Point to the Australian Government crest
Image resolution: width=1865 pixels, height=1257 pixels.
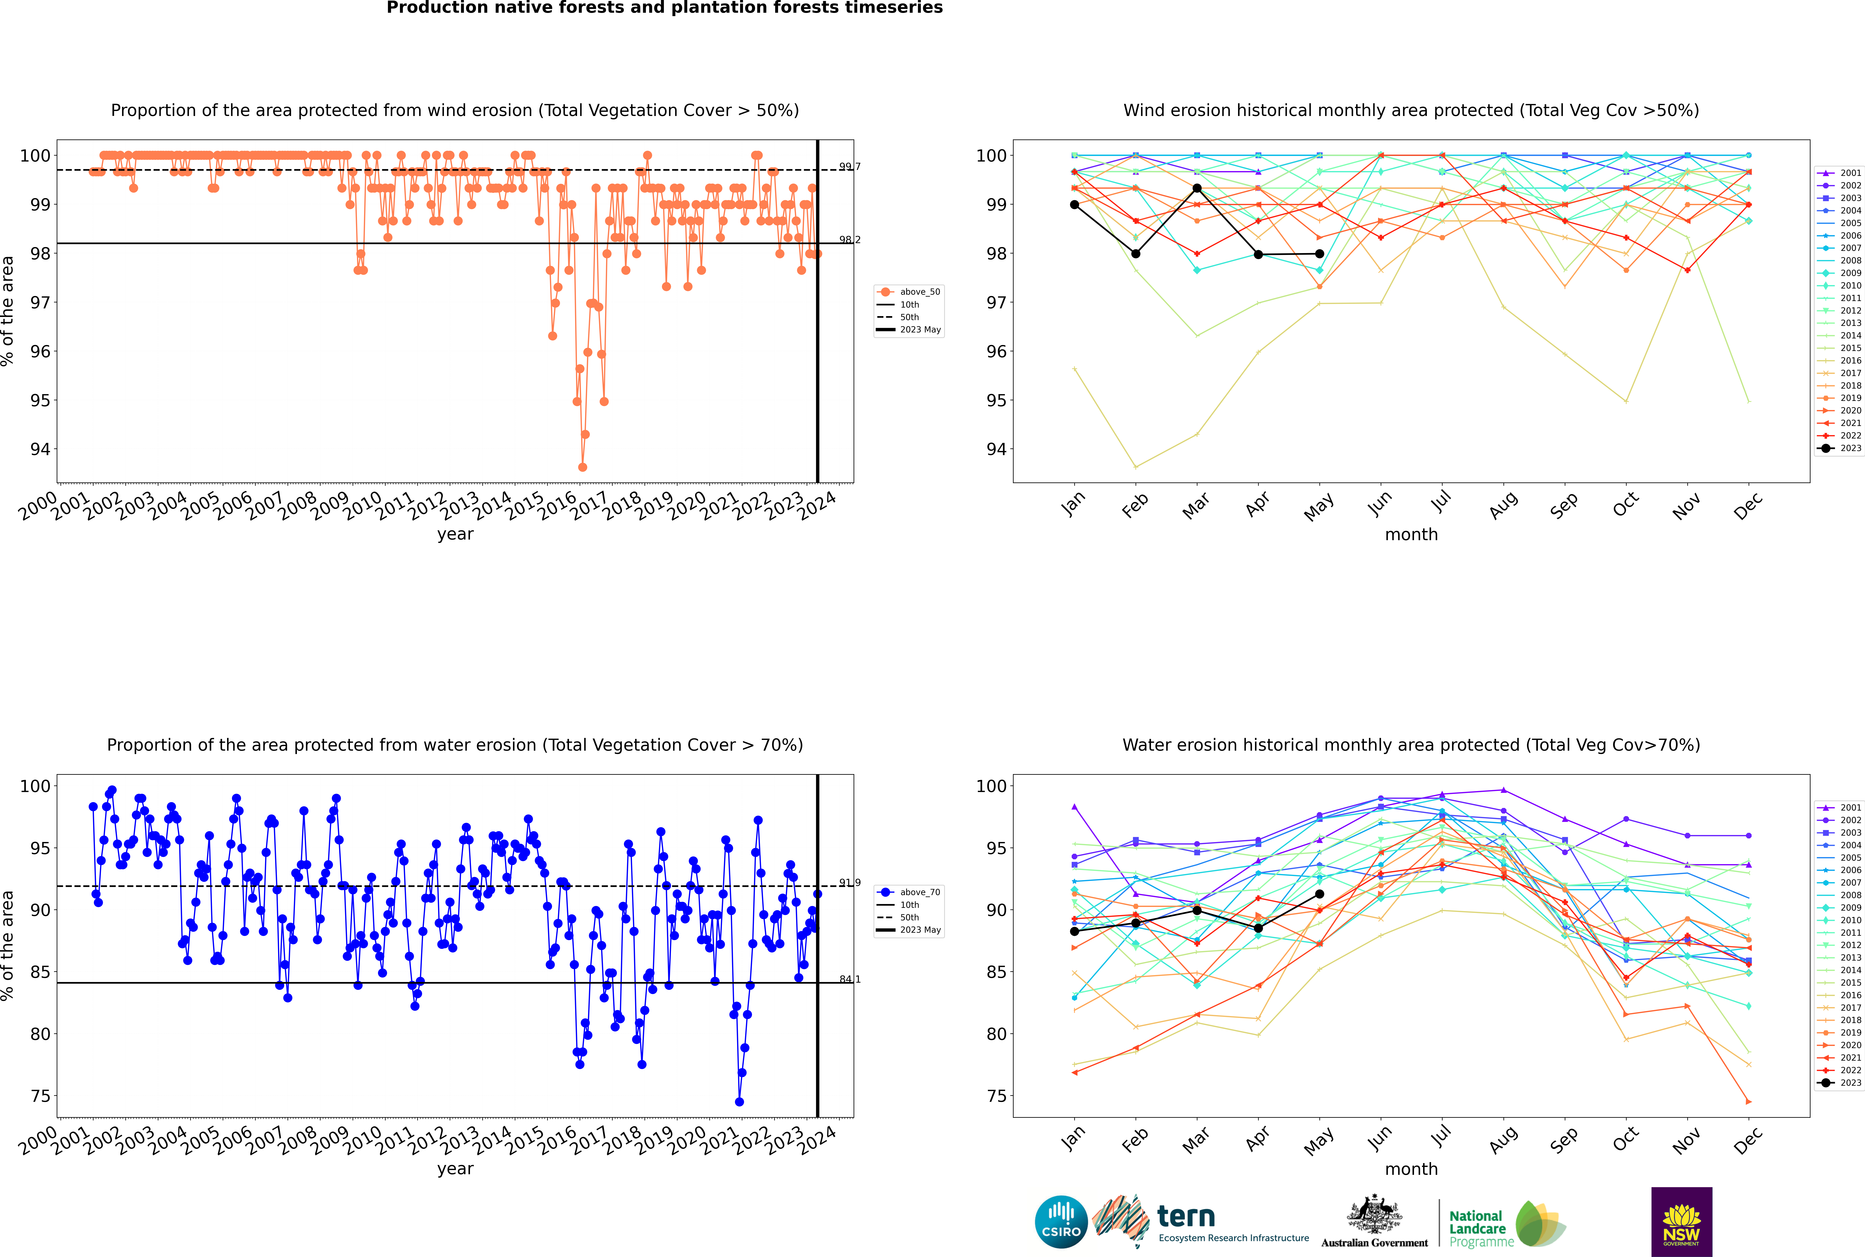(1374, 1214)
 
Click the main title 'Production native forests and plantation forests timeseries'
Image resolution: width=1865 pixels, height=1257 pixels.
(665, 8)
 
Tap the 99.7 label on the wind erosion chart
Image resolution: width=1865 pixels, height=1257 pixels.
(850, 167)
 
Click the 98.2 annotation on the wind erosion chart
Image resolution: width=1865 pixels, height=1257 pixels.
(850, 240)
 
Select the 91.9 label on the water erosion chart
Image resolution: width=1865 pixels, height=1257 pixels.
(850, 883)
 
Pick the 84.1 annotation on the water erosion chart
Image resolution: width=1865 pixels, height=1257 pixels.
(850, 980)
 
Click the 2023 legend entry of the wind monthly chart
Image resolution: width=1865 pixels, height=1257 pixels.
(1840, 448)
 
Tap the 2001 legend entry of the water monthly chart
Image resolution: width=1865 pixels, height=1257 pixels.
(1840, 807)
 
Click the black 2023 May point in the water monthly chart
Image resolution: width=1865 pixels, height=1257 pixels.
(1320, 894)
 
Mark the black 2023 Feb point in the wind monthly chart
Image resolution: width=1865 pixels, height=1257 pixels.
(1135, 254)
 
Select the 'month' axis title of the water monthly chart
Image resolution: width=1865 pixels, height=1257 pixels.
(1411, 1169)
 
